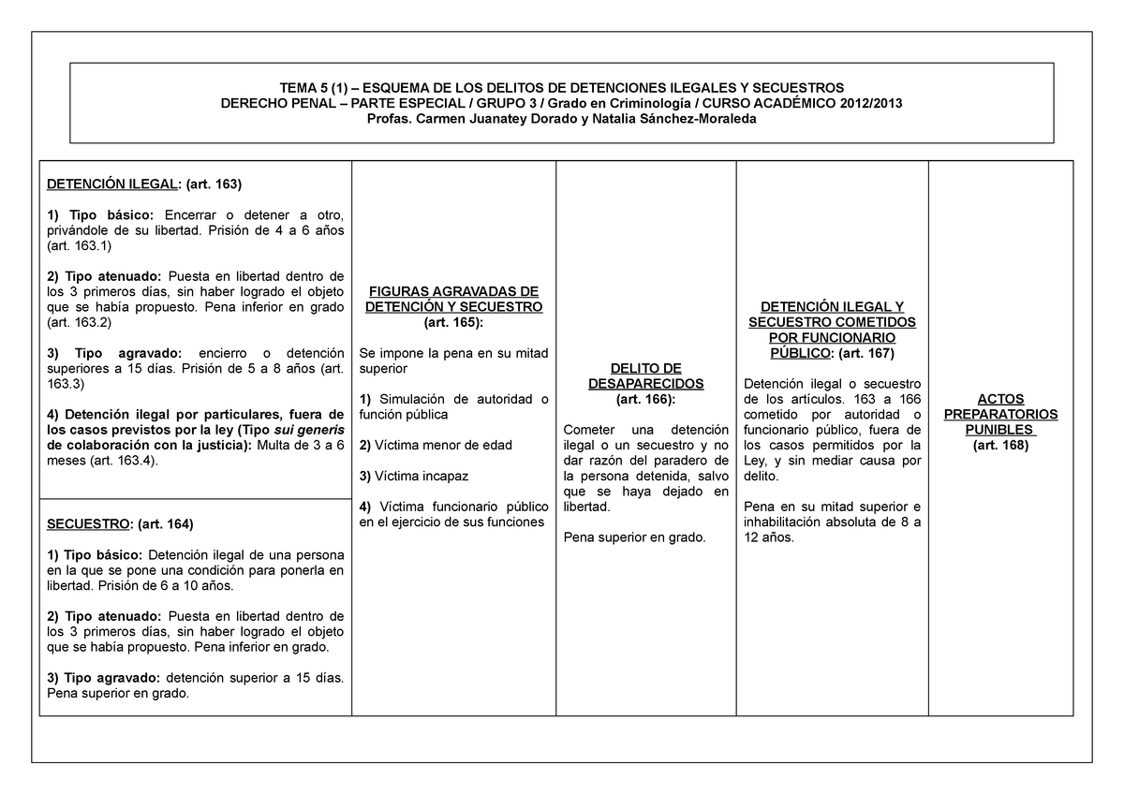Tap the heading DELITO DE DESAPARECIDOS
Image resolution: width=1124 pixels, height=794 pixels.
[645, 376]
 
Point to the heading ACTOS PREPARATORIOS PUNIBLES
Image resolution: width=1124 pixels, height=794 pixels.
[1000, 414]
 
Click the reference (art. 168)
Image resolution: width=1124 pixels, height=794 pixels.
[1000, 446]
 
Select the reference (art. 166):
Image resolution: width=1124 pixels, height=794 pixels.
[645, 400]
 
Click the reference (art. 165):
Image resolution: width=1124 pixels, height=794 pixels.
[453, 322]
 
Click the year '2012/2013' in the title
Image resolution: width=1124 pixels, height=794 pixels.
[870, 103]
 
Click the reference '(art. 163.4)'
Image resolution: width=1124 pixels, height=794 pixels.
[125, 461]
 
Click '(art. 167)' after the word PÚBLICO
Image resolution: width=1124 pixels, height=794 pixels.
[866, 354]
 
